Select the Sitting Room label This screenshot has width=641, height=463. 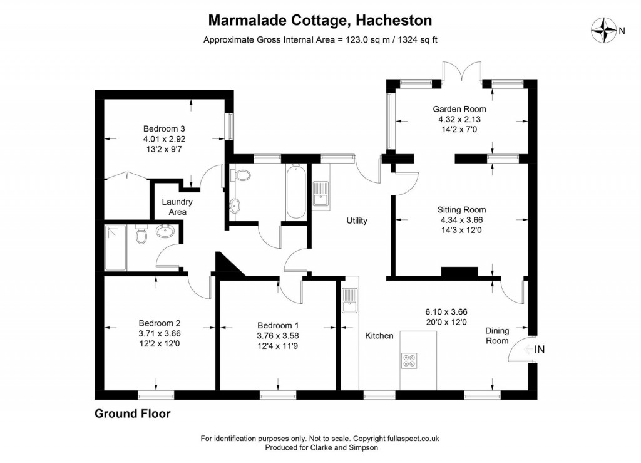tap(461, 210)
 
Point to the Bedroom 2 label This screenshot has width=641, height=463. tap(159, 323)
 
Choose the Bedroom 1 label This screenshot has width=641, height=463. tap(278, 325)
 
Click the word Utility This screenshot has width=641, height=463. tap(357, 221)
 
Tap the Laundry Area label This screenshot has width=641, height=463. tap(177, 207)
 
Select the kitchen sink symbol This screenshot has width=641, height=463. tap(349, 301)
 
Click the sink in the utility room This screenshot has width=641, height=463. tap(321, 193)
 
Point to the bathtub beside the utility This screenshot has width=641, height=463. tap(295, 191)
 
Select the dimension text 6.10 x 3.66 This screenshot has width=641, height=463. tap(446, 311)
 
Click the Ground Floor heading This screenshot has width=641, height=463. tap(132, 414)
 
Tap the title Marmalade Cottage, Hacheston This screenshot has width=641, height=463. tap(320, 21)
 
